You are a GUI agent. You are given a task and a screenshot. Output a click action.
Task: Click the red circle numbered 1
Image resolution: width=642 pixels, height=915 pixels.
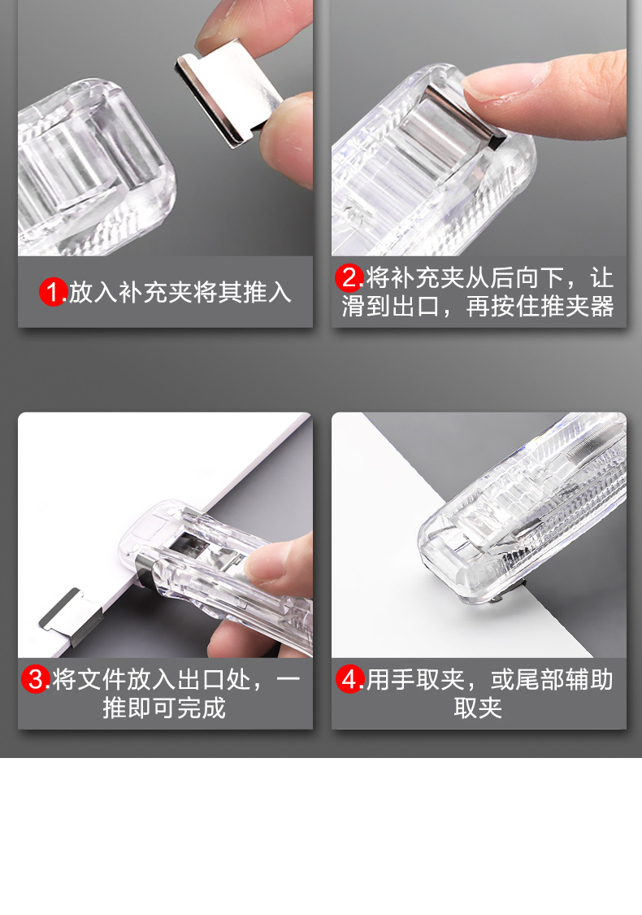tap(54, 291)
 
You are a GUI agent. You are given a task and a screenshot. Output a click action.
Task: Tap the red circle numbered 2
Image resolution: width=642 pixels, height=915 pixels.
tap(349, 278)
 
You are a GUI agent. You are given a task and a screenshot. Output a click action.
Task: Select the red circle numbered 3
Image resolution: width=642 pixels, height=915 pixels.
tap(36, 679)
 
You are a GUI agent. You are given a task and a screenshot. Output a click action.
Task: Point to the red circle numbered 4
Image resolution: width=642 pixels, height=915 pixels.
tap(350, 679)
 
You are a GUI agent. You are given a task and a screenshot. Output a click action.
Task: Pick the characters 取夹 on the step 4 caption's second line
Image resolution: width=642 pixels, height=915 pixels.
tap(478, 708)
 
